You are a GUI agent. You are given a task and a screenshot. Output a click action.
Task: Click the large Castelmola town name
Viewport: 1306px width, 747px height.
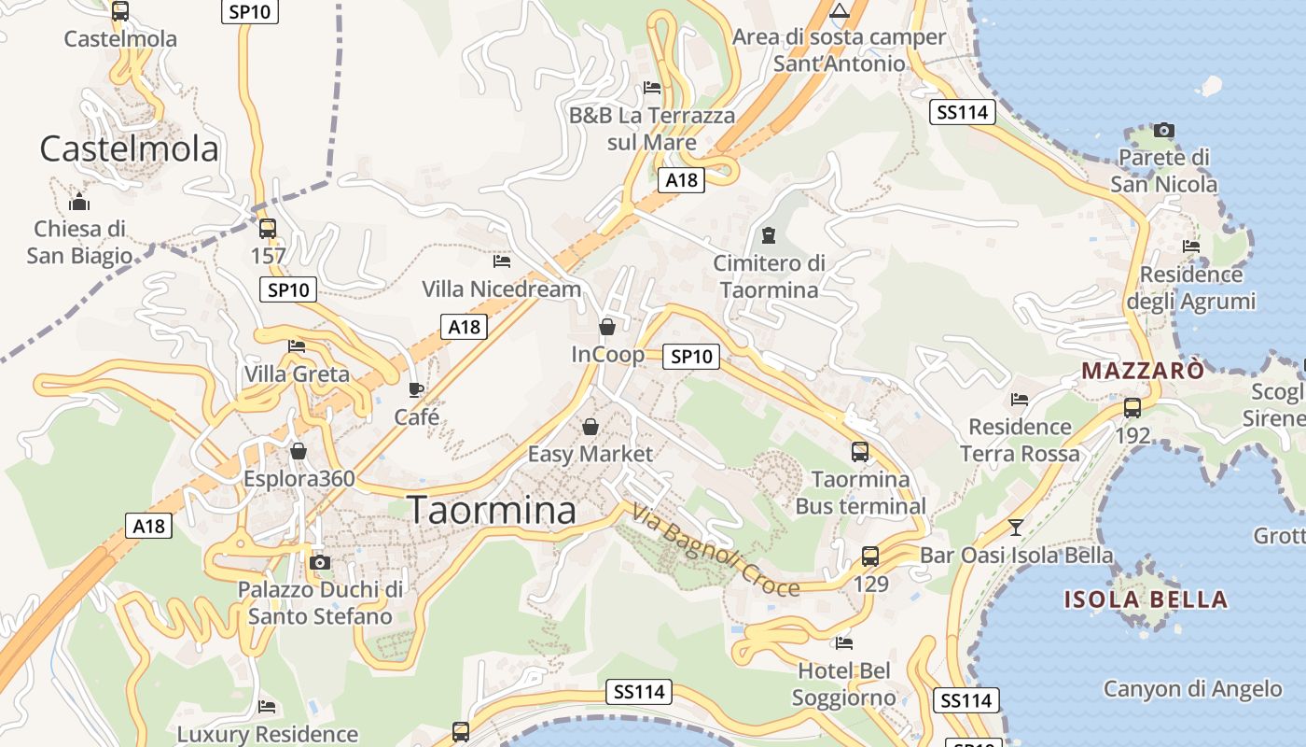tap(130, 149)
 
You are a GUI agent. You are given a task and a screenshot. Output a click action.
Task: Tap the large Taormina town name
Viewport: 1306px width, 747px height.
tap(493, 511)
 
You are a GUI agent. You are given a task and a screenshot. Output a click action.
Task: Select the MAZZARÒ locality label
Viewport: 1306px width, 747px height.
tap(1143, 371)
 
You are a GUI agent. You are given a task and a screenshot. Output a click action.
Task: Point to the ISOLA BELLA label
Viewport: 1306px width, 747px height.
tap(1146, 599)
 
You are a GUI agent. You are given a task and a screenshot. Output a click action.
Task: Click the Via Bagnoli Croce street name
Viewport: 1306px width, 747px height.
tap(716, 551)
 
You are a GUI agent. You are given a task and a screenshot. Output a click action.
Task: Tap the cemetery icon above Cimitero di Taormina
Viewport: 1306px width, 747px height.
tap(769, 234)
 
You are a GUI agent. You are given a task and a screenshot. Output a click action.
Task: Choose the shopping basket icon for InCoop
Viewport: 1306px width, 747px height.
tap(607, 327)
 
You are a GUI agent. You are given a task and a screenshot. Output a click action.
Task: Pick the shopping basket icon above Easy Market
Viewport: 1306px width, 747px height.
tap(590, 427)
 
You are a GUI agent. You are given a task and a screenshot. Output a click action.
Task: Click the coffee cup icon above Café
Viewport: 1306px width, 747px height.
tap(416, 389)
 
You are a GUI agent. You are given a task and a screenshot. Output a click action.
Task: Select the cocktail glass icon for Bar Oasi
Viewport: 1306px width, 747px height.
tap(1016, 528)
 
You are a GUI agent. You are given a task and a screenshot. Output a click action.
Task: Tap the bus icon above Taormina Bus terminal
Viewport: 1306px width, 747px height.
tap(860, 452)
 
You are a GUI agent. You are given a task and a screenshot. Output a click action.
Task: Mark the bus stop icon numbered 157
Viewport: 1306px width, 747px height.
tap(268, 228)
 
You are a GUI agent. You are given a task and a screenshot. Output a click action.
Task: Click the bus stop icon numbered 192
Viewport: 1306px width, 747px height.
tap(1132, 407)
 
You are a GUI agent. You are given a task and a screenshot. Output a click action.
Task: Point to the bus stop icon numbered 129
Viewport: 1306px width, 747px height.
tap(870, 557)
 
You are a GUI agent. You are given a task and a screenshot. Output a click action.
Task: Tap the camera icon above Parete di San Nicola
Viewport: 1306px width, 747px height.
tap(1164, 130)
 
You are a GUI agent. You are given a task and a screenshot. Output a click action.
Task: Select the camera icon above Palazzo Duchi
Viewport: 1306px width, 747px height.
tap(320, 562)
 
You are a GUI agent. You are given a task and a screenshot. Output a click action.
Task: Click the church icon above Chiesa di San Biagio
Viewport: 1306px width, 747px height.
tap(79, 202)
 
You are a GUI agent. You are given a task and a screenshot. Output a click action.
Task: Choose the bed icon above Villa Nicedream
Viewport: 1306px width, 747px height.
tap(502, 261)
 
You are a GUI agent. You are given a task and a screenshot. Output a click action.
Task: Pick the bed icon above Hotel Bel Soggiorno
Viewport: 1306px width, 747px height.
tap(844, 642)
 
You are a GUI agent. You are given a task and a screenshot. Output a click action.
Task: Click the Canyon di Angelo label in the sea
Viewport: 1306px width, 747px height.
tap(1193, 690)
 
